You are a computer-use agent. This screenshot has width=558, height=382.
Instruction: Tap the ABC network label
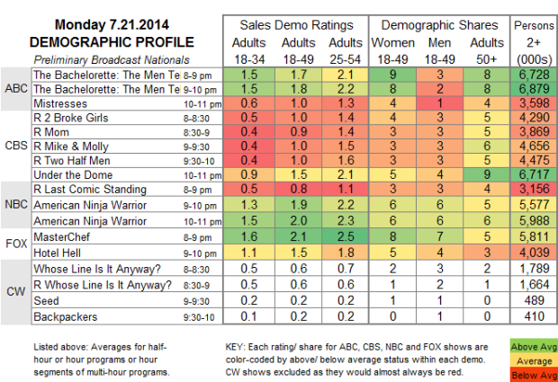pos(15,90)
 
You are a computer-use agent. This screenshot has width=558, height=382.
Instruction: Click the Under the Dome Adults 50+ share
pos(487,175)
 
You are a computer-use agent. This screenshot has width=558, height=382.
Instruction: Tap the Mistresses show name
pos(60,103)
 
